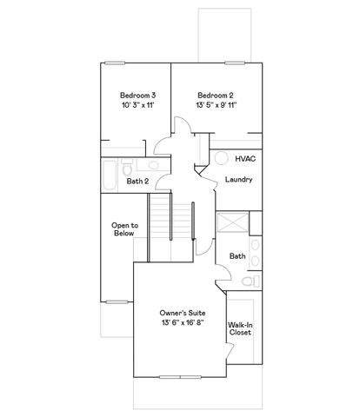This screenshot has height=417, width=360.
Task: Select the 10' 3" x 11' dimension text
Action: pyautogui.click(x=137, y=104)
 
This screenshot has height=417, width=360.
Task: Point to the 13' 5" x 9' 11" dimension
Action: pyautogui.click(x=217, y=104)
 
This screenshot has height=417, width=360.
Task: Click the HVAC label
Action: pyautogui.click(x=244, y=160)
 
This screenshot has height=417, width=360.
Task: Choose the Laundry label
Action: pyautogui.click(x=237, y=180)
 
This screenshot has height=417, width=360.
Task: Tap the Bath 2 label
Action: pyautogui.click(x=137, y=182)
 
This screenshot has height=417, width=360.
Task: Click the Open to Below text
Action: pyautogui.click(x=124, y=229)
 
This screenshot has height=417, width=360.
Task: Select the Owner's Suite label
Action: pyautogui.click(x=181, y=312)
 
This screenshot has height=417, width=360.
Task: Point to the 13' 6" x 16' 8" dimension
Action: pyautogui.click(x=181, y=323)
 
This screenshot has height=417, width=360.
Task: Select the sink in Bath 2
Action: pyautogui.click(x=152, y=165)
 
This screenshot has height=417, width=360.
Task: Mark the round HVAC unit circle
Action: pyautogui.click(x=221, y=160)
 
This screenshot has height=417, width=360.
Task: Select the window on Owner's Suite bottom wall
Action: pyautogui.click(x=181, y=378)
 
